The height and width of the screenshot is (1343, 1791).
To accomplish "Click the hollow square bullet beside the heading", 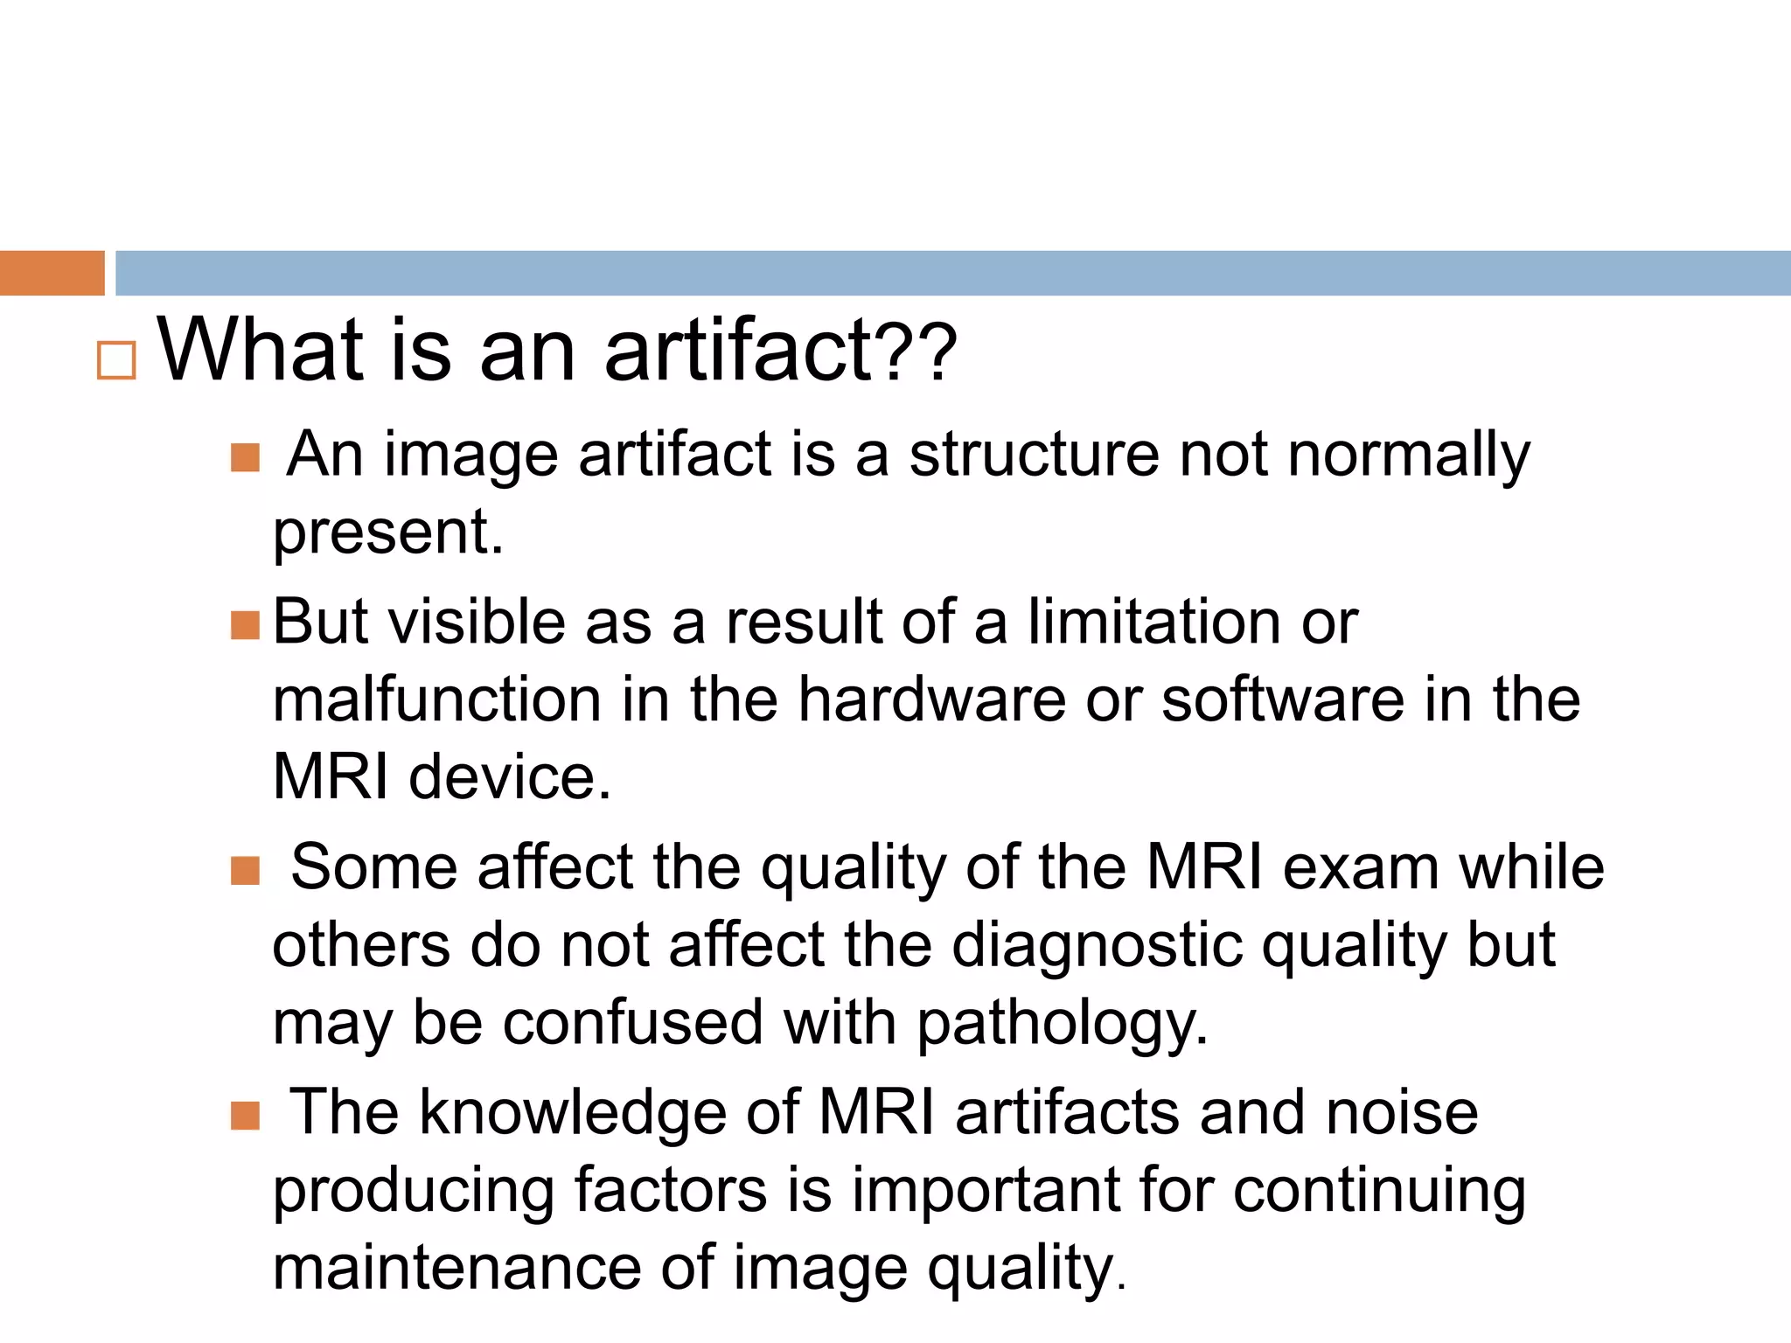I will pos(116,360).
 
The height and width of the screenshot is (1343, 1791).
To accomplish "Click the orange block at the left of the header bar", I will pos(52,273).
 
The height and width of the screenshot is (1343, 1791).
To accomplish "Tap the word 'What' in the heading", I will pos(260,351).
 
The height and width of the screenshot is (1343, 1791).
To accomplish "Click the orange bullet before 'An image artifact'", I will pos(246,457).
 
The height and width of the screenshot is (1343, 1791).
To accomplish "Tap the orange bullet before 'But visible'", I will pos(246,625).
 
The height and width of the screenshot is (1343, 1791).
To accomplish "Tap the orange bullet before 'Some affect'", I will pos(246,871).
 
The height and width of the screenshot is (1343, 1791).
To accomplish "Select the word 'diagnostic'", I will pos(1097,946).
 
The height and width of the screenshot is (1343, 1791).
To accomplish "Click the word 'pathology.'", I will pos(1063,1024).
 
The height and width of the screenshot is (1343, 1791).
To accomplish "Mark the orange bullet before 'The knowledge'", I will pos(246,1116).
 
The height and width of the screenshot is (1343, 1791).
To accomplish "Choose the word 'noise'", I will pos(1402,1112).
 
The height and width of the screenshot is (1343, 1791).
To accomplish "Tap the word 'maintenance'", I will pos(457,1268).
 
